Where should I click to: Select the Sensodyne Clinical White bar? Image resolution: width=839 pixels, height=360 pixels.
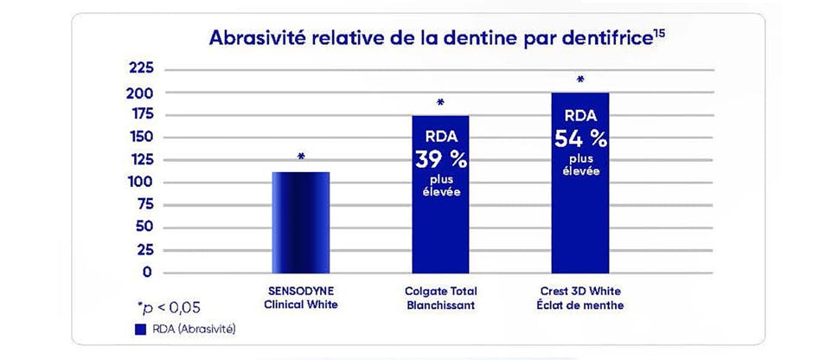301,222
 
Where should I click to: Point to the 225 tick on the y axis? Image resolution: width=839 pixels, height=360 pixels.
141,69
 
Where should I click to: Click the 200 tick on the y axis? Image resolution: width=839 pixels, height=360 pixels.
141,92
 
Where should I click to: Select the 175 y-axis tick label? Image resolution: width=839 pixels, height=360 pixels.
141,114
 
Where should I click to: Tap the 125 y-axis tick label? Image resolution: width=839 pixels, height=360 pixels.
141,159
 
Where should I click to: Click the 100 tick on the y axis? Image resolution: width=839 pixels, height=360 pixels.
141,182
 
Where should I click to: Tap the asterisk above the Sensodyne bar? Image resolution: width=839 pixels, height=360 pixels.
301,157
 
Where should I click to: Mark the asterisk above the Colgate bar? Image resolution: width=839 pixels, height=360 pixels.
441,103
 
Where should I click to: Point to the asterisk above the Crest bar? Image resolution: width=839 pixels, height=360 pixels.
580,80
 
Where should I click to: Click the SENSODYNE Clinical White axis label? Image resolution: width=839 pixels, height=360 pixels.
301,299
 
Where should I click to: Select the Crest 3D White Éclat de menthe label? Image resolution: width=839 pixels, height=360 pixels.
580,299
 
